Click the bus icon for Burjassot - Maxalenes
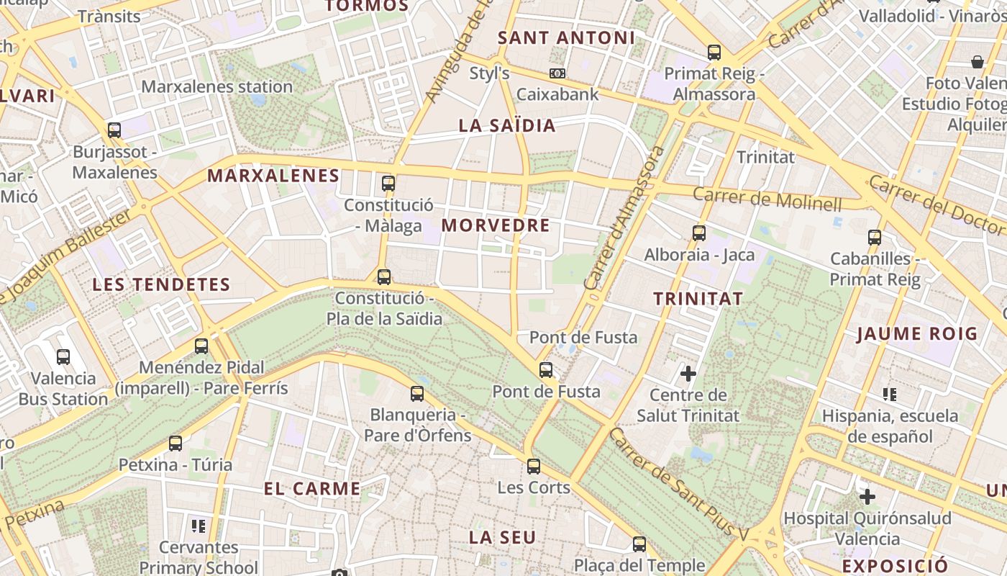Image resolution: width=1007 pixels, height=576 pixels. (x=114, y=130)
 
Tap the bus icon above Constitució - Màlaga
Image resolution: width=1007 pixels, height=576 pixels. (x=388, y=183)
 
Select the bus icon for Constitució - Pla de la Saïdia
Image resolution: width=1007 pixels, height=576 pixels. (x=384, y=276)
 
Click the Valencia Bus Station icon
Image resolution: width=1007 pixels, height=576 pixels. (x=63, y=356)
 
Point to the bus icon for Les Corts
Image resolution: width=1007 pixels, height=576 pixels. (x=533, y=466)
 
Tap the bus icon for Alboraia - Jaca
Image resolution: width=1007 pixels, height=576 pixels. (x=698, y=233)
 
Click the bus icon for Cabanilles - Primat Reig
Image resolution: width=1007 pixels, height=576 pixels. (x=874, y=237)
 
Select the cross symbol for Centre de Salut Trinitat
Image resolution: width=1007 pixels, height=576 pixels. (x=688, y=373)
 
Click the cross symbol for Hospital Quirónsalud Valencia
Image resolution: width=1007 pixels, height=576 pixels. (x=867, y=496)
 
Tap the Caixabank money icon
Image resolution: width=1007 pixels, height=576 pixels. (x=557, y=73)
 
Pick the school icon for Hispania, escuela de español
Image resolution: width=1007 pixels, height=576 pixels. (x=890, y=394)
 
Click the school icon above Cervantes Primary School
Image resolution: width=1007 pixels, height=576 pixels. (x=199, y=526)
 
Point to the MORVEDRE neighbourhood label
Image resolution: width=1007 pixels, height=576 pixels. (x=496, y=225)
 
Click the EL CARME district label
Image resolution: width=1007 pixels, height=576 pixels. (x=312, y=489)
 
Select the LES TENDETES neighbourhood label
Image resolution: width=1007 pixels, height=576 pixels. (x=161, y=284)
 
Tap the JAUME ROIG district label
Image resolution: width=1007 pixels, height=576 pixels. (x=917, y=333)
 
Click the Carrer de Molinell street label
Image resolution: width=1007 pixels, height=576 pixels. (x=767, y=199)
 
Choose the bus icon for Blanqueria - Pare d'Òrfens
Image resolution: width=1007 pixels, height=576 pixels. (x=417, y=394)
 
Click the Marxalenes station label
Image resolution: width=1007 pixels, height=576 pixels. (x=217, y=87)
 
